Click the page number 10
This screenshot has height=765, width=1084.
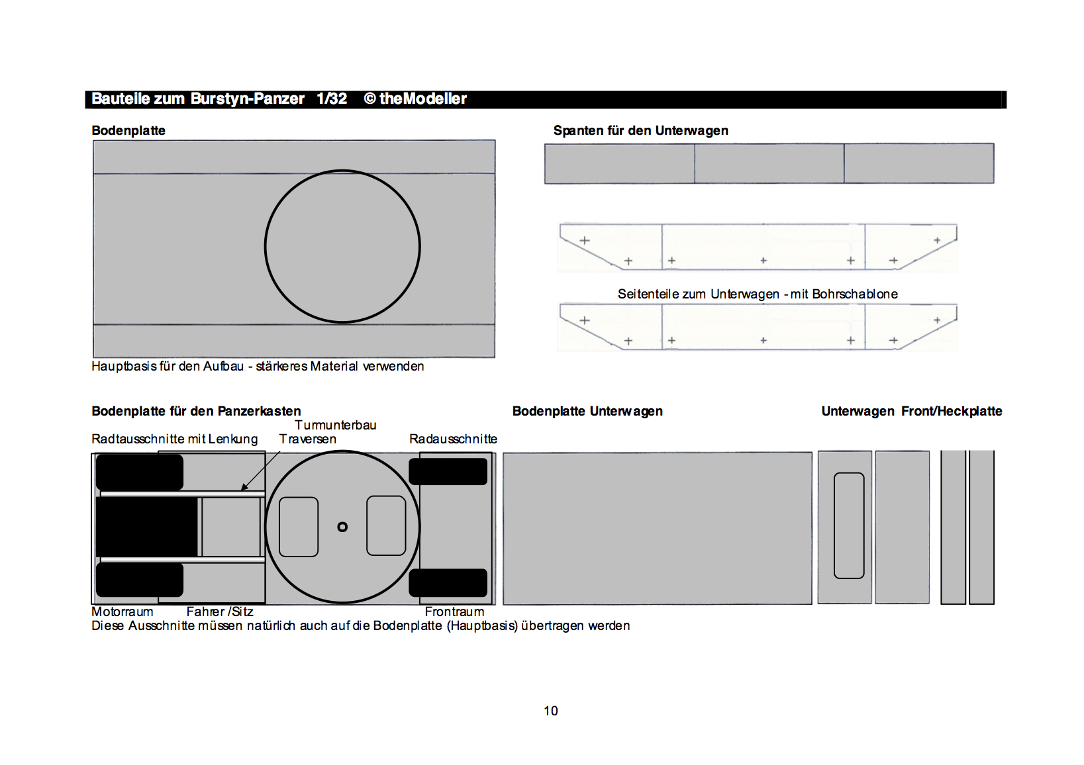(550, 711)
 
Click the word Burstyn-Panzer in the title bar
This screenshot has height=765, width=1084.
(247, 99)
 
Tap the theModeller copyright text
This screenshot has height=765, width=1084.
(422, 99)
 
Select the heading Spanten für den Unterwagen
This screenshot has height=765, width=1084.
(640, 130)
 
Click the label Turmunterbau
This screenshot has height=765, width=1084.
(335, 425)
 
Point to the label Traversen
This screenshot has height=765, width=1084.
(307, 439)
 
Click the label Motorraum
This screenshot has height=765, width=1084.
(122, 611)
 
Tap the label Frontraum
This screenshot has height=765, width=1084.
(454, 611)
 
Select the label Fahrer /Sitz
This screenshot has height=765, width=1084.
(220, 611)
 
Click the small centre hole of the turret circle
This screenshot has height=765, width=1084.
(342, 527)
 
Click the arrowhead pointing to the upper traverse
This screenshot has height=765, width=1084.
(244, 488)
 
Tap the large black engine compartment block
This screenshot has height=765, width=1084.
(146, 527)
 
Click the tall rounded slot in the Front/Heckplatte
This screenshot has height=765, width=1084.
(849, 525)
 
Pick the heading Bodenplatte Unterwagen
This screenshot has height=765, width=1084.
(587, 411)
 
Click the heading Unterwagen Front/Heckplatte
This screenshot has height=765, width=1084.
(911, 411)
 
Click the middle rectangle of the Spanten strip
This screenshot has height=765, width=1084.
(769, 163)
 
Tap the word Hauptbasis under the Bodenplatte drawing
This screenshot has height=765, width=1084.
(124, 366)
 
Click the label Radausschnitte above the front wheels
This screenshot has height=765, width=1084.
(453, 439)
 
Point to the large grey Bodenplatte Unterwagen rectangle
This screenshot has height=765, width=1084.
(657, 527)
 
